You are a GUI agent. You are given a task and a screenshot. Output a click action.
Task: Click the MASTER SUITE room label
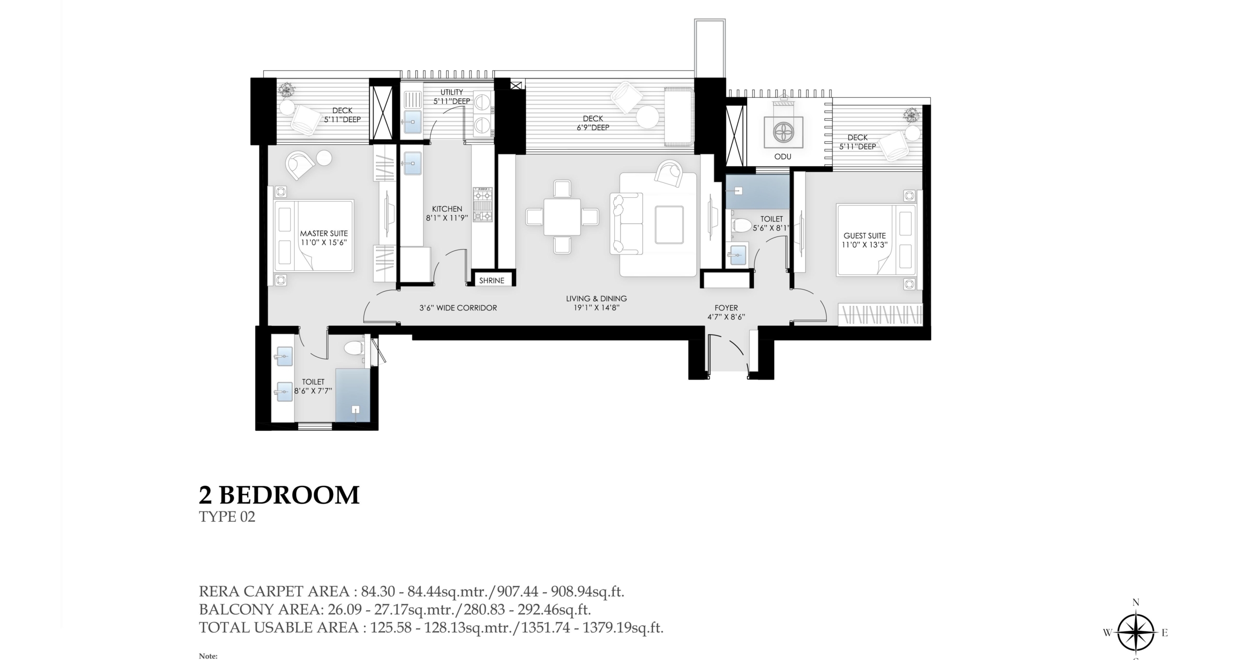[324, 233]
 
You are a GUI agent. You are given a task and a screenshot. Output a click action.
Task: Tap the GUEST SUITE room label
[864, 235]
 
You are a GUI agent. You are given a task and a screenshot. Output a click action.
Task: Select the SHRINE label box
[492, 280]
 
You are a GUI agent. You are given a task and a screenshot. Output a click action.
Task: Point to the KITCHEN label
[447, 209]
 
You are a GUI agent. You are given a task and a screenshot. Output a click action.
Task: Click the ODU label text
[783, 157]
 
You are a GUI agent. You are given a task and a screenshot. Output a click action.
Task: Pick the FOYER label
[726, 308]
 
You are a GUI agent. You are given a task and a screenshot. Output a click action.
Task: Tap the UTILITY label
[452, 92]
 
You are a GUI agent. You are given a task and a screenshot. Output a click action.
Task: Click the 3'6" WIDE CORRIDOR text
[458, 308]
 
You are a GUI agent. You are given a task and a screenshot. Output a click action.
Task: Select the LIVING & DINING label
[596, 298]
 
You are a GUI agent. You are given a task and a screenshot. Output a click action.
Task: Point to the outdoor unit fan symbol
[783, 132]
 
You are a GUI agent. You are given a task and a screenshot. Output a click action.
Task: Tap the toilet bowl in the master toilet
[354, 347]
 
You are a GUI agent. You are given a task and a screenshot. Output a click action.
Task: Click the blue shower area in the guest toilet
[757, 192]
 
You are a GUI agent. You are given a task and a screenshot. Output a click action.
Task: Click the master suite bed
[314, 236]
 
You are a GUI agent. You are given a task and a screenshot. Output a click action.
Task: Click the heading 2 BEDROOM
[279, 495]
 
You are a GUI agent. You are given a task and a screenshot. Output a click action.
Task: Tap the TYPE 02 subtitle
[227, 517]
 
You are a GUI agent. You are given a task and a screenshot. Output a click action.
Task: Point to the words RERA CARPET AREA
[274, 591]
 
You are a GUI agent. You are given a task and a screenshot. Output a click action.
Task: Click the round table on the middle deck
[648, 117]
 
